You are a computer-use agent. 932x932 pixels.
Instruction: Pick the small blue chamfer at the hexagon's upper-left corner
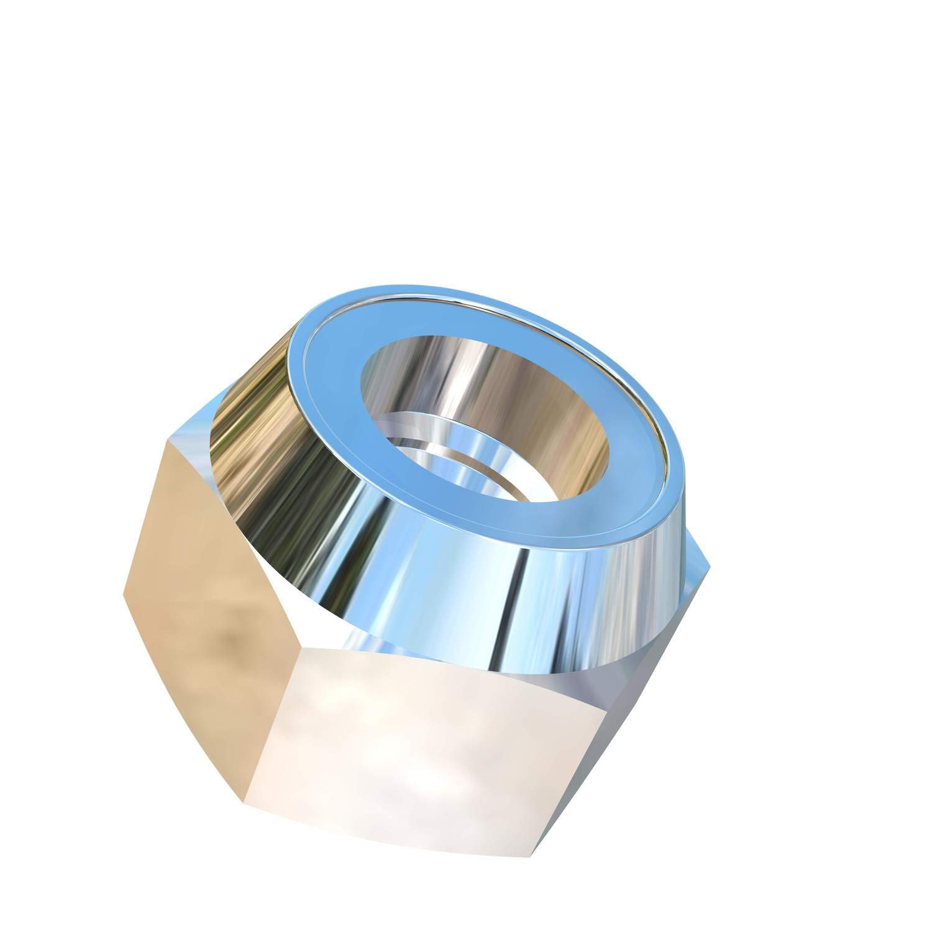tap(186, 429)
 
